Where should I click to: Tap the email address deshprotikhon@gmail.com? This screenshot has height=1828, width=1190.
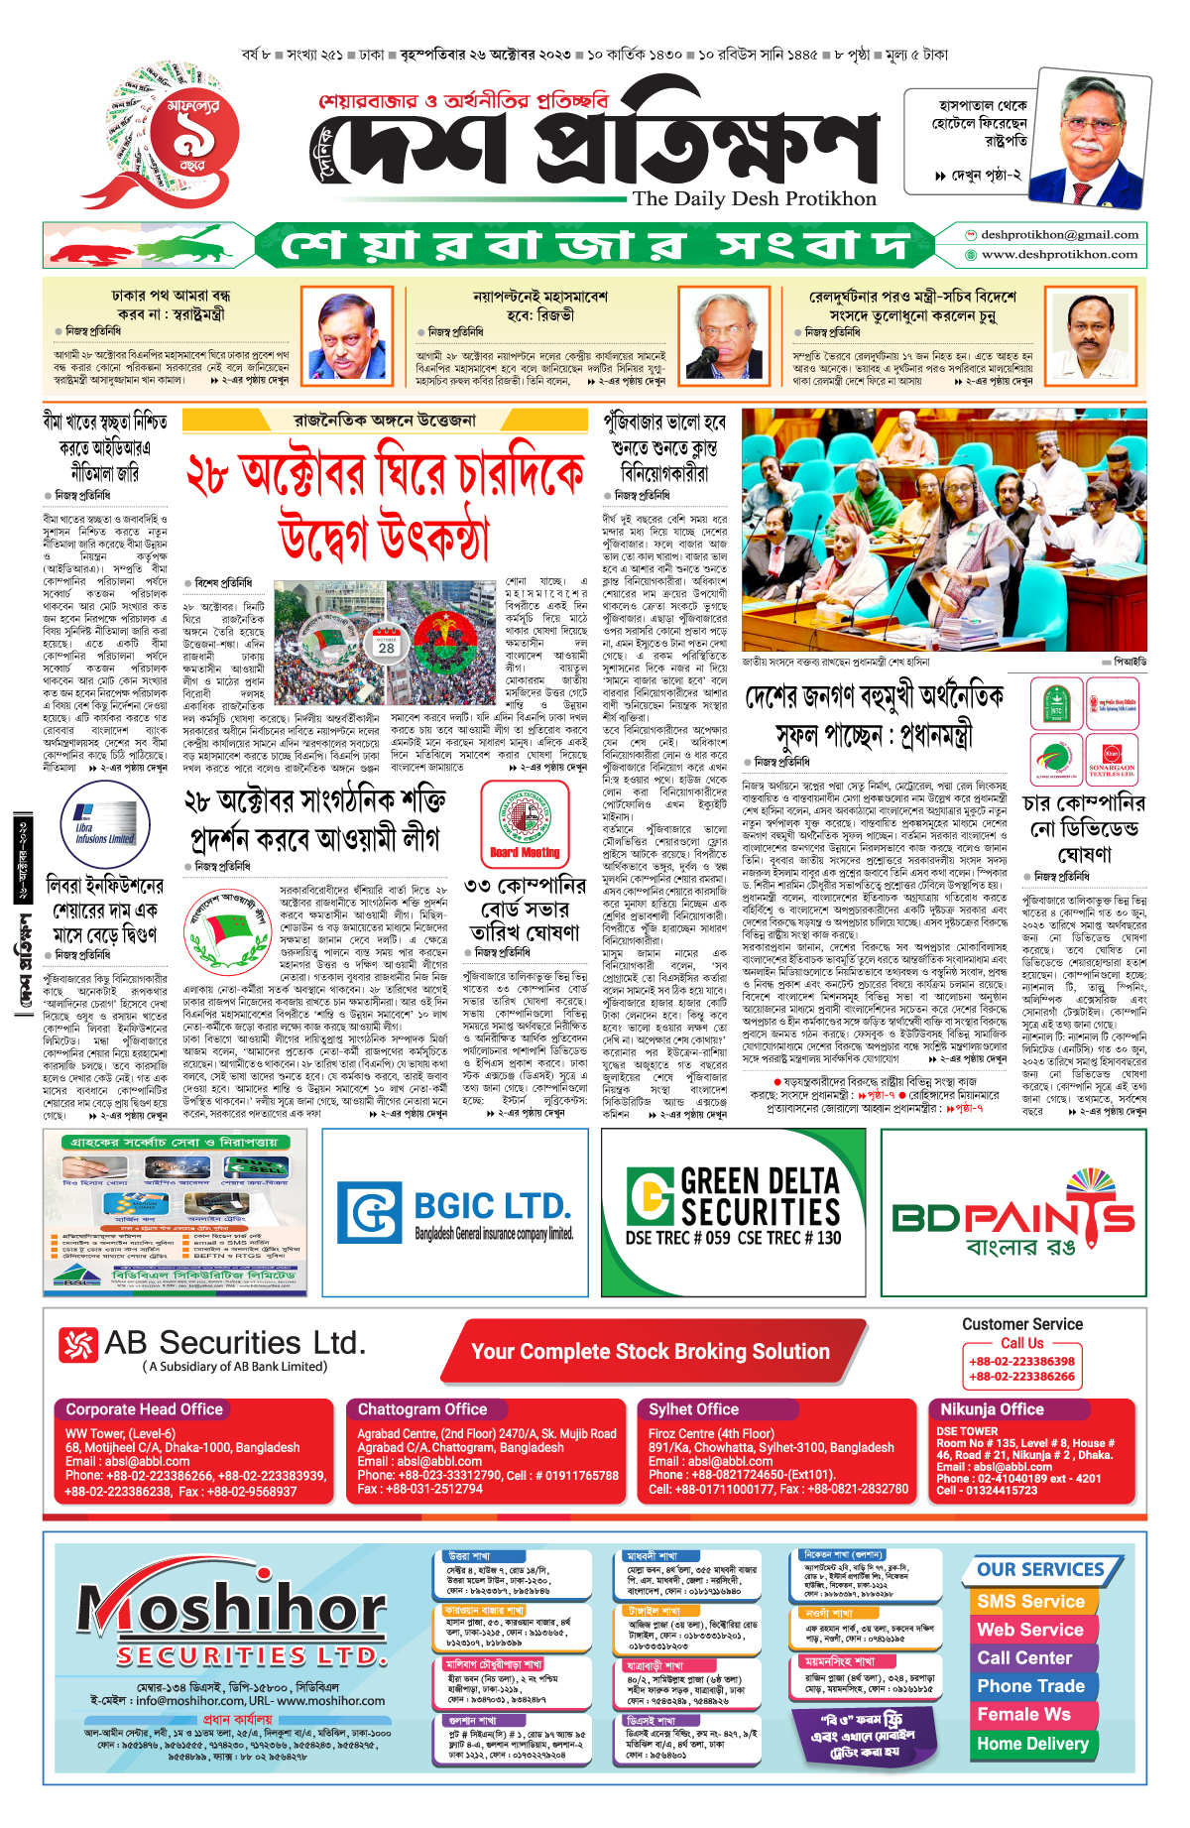(x=1059, y=235)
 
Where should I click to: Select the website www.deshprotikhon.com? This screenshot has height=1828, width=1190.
(x=1059, y=255)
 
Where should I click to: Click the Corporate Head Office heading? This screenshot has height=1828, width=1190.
(x=145, y=1409)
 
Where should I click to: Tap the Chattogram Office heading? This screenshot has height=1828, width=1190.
(x=422, y=1409)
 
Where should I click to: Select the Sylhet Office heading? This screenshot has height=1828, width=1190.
(x=693, y=1409)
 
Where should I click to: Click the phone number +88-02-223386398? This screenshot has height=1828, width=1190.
(x=1021, y=1362)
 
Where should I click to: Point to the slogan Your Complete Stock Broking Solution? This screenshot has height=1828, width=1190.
(x=651, y=1352)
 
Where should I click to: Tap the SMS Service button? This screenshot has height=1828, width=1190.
(x=1030, y=1602)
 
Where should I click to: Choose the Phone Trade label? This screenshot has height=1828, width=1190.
(x=1030, y=1686)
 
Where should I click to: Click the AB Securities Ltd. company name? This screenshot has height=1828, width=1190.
(x=234, y=1343)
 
